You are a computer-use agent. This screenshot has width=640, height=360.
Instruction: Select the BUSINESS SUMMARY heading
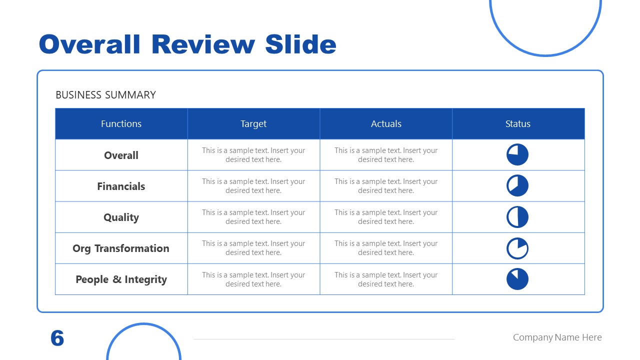click(x=105, y=95)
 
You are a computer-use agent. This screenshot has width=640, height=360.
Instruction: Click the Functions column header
click(x=121, y=124)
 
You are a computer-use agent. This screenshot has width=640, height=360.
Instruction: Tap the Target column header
click(x=253, y=124)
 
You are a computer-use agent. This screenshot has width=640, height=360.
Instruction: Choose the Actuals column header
click(x=386, y=124)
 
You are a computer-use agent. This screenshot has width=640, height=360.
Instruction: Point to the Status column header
click(x=517, y=124)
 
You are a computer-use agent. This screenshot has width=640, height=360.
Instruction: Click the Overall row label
click(x=121, y=155)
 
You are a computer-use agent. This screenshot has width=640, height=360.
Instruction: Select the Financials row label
click(x=121, y=186)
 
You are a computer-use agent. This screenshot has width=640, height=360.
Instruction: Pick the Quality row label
click(x=121, y=217)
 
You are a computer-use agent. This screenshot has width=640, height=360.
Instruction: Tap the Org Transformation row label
click(x=121, y=248)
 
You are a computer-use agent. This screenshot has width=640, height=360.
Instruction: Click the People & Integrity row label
click(x=121, y=279)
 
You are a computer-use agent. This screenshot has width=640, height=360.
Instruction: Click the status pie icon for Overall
click(x=517, y=155)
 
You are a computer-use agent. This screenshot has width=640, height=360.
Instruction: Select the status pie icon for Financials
click(x=517, y=186)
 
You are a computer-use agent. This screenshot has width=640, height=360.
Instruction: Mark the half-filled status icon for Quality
click(x=517, y=217)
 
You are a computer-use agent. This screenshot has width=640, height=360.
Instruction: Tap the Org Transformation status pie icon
click(x=517, y=248)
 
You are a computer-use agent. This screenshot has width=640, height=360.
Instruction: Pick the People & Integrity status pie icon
click(x=517, y=279)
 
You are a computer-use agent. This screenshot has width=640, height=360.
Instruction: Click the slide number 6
click(x=57, y=338)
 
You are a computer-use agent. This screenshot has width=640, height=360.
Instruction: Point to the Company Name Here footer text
click(x=557, y=337)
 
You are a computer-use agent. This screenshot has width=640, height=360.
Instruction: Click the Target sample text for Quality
click(x=253, y=217)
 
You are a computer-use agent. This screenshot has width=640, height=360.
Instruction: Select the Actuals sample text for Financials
click(x=386, y=186)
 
